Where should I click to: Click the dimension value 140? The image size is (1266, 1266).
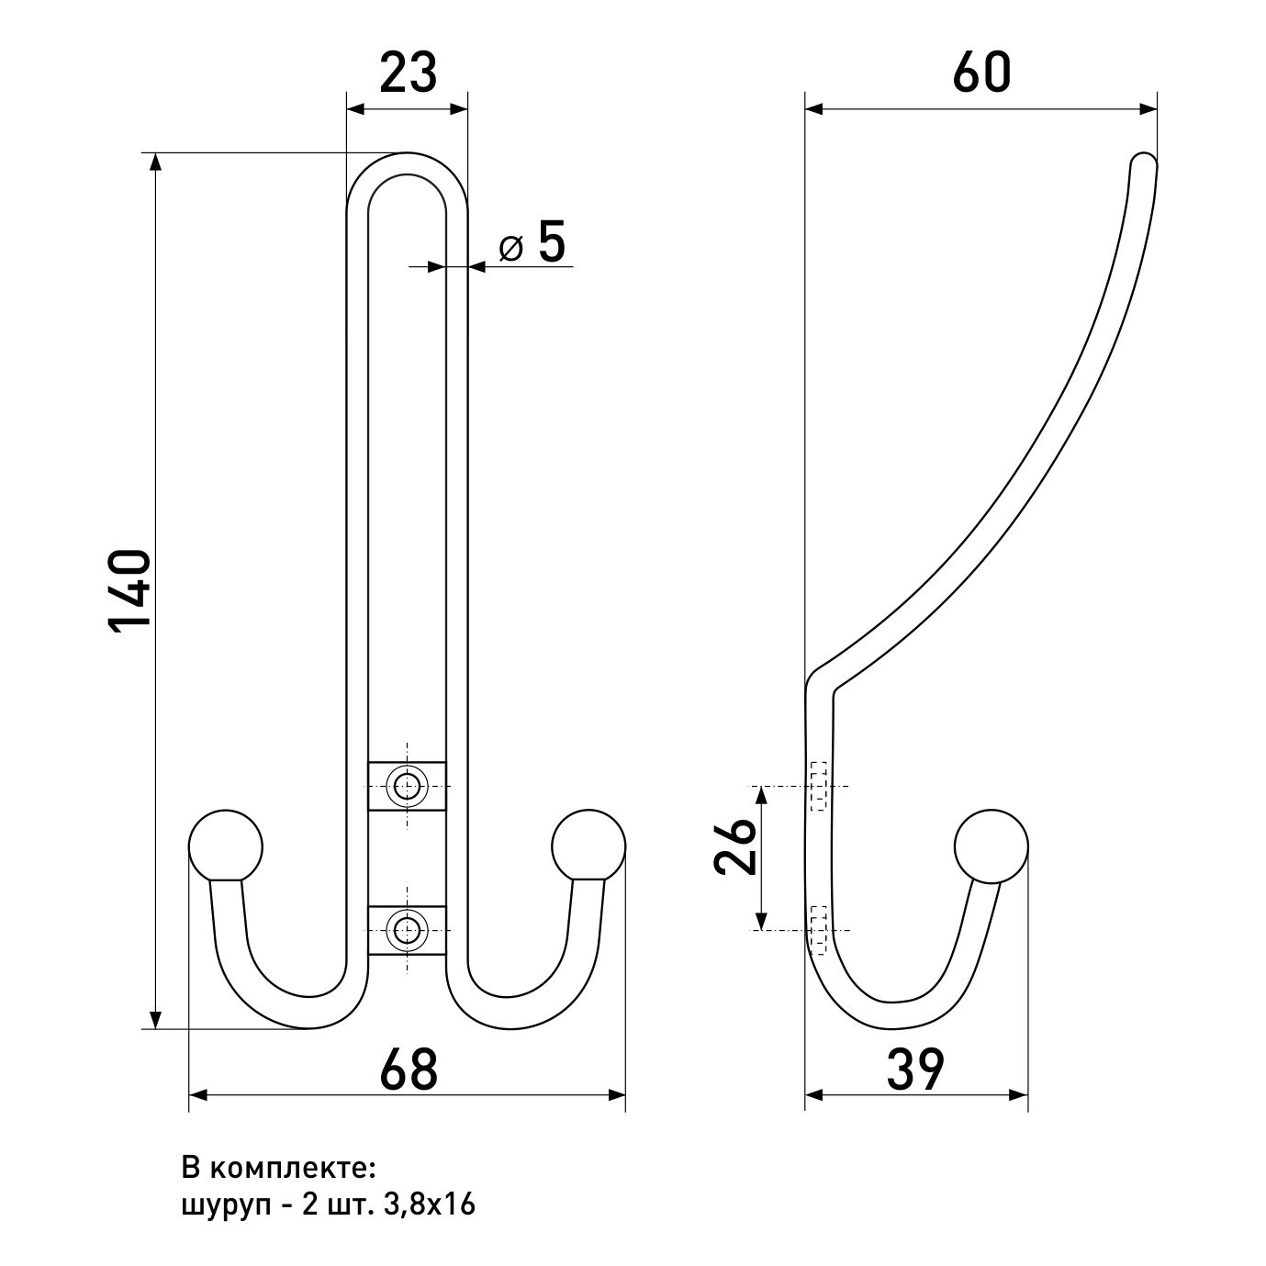tap(129, 592)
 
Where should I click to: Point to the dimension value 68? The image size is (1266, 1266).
tap(408, 1069)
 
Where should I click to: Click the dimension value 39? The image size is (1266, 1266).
tap(915, 1069)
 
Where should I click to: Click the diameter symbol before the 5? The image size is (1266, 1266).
tap(511, 248)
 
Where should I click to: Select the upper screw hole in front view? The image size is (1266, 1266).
tap(407, 786)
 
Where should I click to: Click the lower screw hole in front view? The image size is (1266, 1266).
tap(407, 930)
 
